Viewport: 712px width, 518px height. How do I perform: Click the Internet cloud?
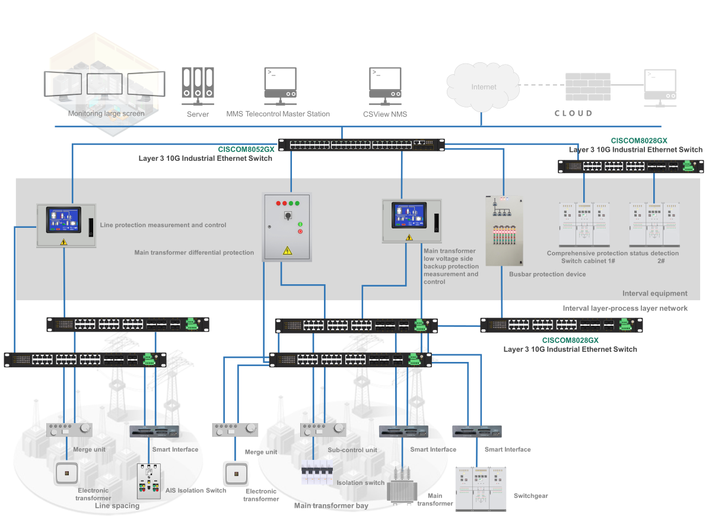coord(483,87)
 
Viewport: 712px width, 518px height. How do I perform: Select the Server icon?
coord(198,86)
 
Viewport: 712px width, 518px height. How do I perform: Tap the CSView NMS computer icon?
coord(385,86)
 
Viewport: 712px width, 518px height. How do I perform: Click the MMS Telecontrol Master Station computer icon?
coord(280,86)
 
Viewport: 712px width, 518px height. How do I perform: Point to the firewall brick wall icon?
coord(588,87)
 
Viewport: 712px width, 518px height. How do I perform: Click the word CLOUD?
coord(573,113)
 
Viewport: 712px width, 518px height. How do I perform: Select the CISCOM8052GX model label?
coord(246,150)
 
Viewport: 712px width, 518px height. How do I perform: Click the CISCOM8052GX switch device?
coord(361,145)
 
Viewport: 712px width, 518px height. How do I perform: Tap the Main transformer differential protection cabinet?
coord(287,227)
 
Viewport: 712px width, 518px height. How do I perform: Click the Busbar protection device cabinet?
coord(504,230)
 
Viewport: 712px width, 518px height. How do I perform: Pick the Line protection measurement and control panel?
coord(66,225)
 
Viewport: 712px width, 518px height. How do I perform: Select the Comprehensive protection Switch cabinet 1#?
coord(584,224)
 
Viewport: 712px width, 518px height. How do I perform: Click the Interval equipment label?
coord(655,293)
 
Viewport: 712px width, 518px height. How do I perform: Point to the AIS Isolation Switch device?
coord(149,481)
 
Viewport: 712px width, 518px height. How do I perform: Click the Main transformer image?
coord(402,485)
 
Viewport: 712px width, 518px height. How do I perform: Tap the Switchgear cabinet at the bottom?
coord(481,489)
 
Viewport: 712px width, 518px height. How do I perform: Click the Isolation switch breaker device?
coord(317,472)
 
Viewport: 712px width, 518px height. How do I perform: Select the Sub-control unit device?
coord(323,430)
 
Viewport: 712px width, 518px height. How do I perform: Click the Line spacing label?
coord(117,506)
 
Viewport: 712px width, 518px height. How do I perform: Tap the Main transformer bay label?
coord(331,506)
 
